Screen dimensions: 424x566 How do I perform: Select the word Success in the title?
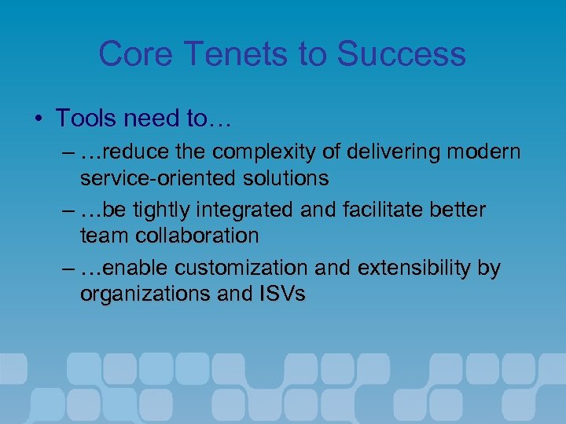click(x=401, y=54)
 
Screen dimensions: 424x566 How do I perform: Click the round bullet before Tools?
click(x=39, y=119)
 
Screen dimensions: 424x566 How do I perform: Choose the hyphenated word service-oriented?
click(x=156, y=178)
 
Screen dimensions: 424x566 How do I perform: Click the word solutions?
click(x=284, y=178)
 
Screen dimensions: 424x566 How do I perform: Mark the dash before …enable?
click(x=68, y=269)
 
